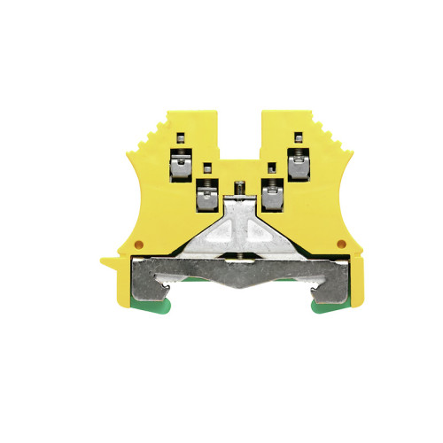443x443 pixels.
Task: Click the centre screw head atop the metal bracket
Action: tap(238, 187)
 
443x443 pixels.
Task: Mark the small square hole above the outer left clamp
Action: tap(179, 137)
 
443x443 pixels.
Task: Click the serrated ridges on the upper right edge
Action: tap(323, 142)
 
